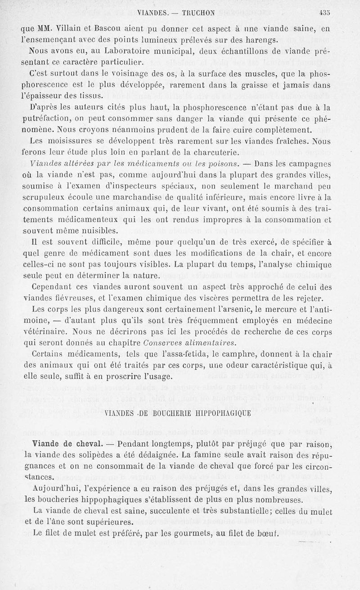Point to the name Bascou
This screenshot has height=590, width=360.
[x=109, y=28]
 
